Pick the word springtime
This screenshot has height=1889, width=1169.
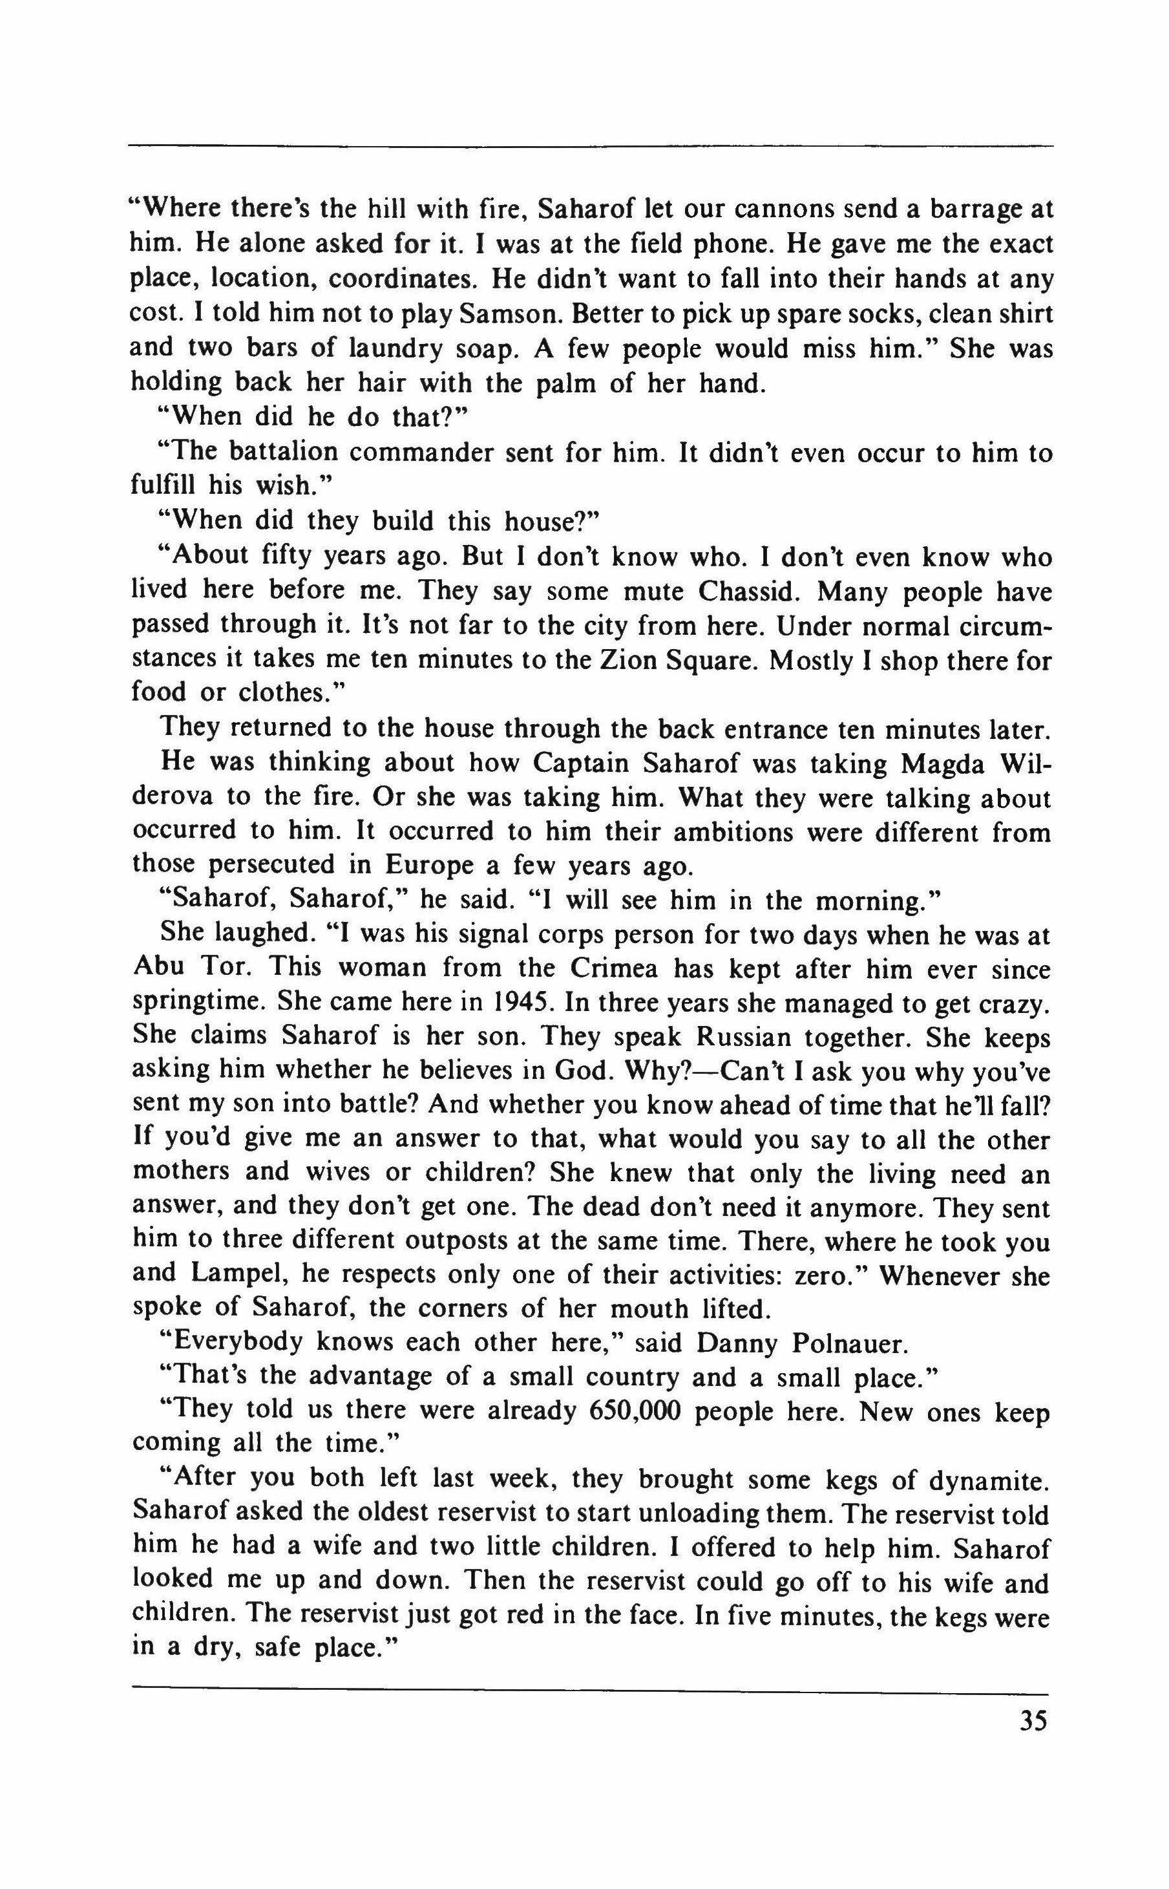(x=197, y=1003)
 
